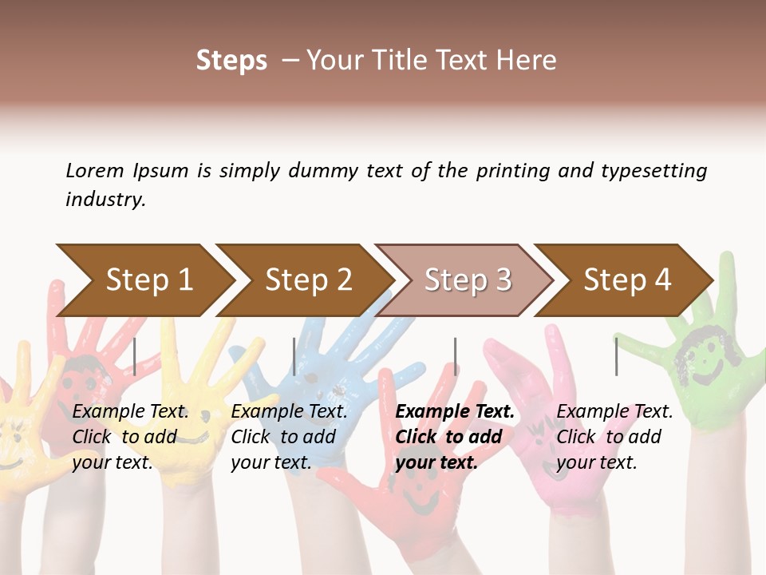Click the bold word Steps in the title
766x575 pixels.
point(231,61)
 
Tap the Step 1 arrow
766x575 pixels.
point(149,280)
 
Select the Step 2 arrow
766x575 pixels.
point(309,280)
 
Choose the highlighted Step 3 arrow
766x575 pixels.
point(468,280)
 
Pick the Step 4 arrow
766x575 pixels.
point(627,280)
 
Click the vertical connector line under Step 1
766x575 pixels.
point(135,356)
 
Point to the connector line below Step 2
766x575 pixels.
point(294,356)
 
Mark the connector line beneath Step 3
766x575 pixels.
point(455,356)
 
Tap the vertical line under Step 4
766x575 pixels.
point(616,356)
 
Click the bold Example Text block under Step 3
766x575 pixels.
point(455,437)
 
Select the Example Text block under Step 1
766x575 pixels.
point(130,437)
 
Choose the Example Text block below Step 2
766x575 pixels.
point(289,437)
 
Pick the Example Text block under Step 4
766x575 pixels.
point(614,437)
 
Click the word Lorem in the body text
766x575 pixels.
point(95,171)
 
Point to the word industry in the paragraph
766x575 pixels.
point(105,200)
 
